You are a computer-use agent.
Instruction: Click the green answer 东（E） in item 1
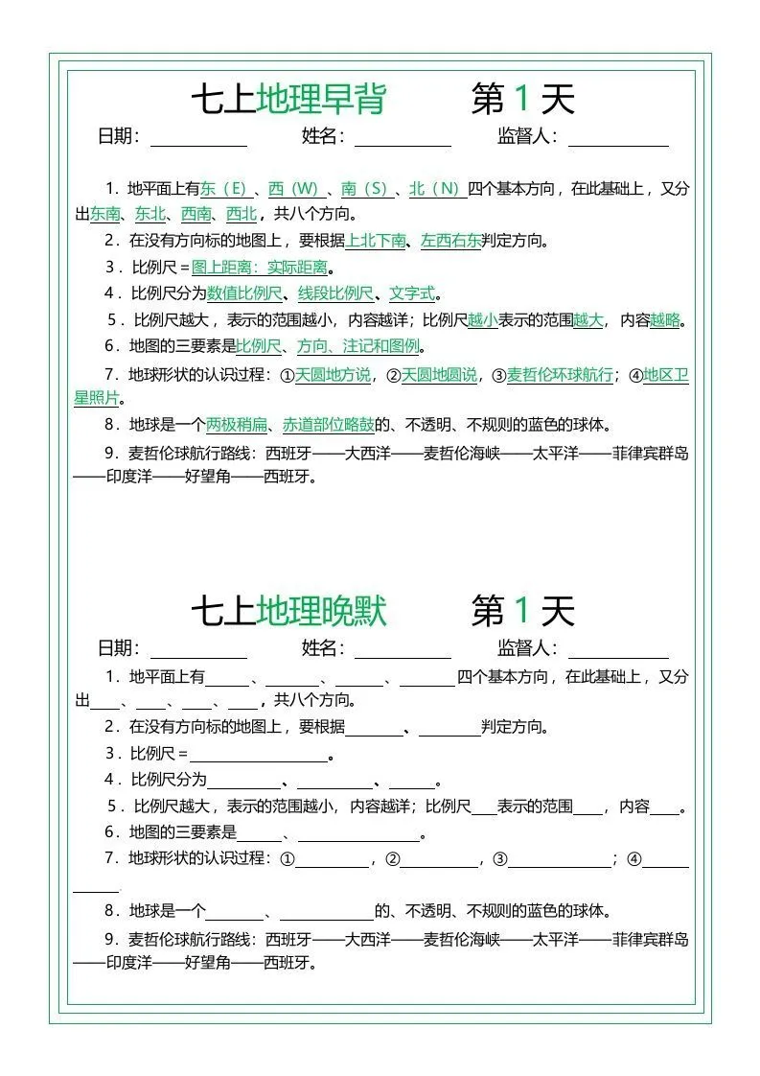[223, 189]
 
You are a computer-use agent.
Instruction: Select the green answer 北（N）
[437, 189]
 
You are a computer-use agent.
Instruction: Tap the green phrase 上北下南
[376, 241]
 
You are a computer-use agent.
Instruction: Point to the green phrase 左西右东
[450, 241]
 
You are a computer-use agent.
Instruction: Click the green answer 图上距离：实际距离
[259, 268]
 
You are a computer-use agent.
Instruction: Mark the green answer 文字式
[412, 293]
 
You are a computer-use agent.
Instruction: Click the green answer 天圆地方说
[333, 375]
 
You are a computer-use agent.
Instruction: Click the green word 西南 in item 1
[196, 214]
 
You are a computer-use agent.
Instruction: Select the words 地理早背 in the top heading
[321, 99]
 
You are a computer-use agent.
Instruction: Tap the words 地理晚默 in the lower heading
[321, 610]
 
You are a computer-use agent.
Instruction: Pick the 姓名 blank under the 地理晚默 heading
[403, 650]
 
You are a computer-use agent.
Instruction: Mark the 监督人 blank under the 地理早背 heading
[618, 138]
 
